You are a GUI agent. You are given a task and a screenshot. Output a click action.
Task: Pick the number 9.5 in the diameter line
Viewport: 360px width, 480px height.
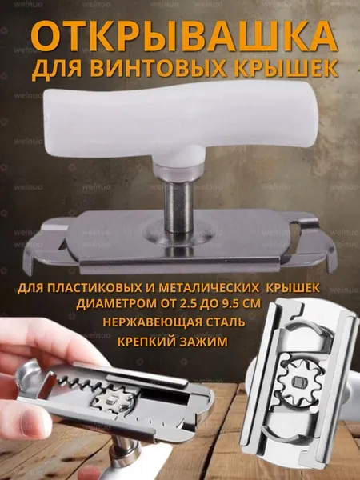pos(235,304)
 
